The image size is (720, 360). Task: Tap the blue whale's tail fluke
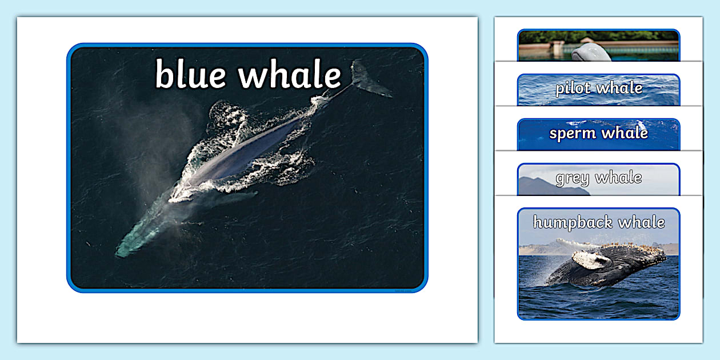[x=369, y=80]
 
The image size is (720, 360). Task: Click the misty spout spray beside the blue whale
[x=149, y=154]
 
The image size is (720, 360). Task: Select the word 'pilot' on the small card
[x=573, y=89]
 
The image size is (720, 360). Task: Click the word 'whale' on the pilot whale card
[x=619, y=89]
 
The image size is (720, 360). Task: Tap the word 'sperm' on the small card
[x=572, y=134]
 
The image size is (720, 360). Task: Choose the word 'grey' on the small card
[x=573, y=178]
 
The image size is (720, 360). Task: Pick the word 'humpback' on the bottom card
[x=573, y=222]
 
